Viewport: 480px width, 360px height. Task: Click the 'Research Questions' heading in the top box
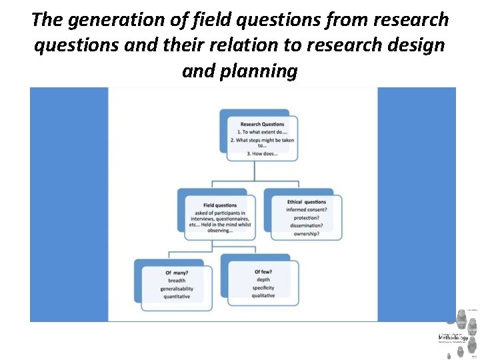tap(262, 124)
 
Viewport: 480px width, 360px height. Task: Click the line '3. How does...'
tap(262, 154)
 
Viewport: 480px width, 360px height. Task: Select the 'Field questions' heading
tap(220, 205)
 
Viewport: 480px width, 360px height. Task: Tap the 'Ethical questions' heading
tap(307, 202)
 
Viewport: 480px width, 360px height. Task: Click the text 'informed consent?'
tap(307, 210)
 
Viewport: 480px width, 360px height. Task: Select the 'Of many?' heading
tap(177, 273)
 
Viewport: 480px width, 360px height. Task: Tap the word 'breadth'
tap(177, 281)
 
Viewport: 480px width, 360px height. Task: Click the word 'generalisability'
tap(177, 289)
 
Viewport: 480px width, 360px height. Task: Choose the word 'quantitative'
tap(177, 297)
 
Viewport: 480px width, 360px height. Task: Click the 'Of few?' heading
tap(263, 272)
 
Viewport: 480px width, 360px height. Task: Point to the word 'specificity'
tap(263, 288)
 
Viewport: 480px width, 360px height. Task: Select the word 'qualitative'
tap(263, 296)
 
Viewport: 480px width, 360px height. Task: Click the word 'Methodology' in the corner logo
tap(453, 338)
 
